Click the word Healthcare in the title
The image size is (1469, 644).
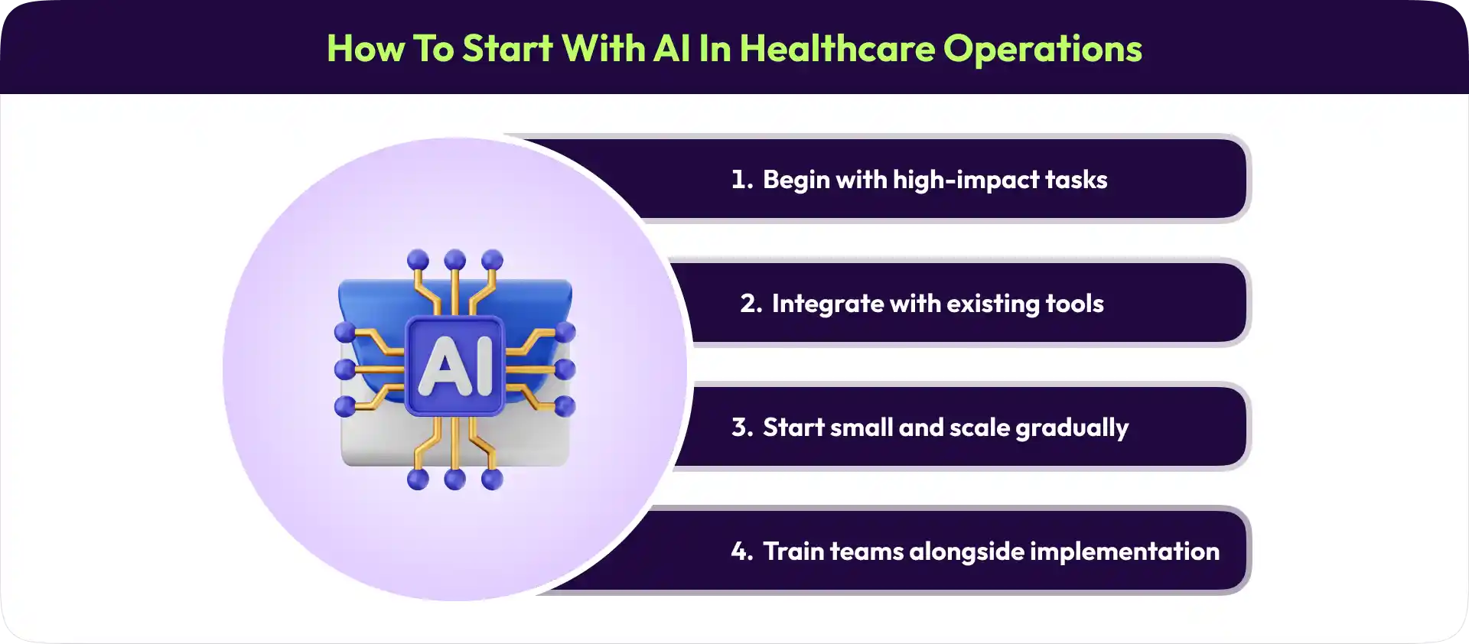tap(837, 48)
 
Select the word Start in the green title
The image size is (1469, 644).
tap(507, 48)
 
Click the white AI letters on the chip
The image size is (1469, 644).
tap(455, 366)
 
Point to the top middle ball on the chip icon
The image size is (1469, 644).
tap(455, 260)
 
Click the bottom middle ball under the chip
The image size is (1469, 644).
tap(455, 480)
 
